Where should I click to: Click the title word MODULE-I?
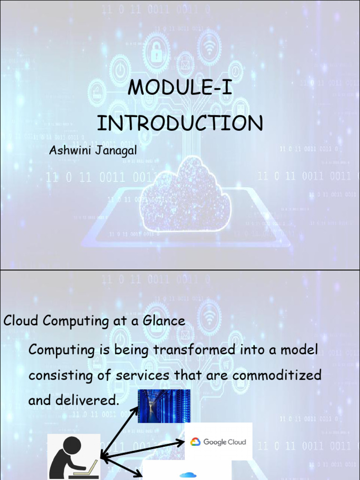(x=180, y=88)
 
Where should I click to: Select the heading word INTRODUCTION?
(x=180, y=123)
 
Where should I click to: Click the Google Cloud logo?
(x=218, y=442)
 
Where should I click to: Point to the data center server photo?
(x=164, y=406)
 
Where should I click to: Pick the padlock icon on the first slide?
(x=157, y=52)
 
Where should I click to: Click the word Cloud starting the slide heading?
(x=22, y=321)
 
